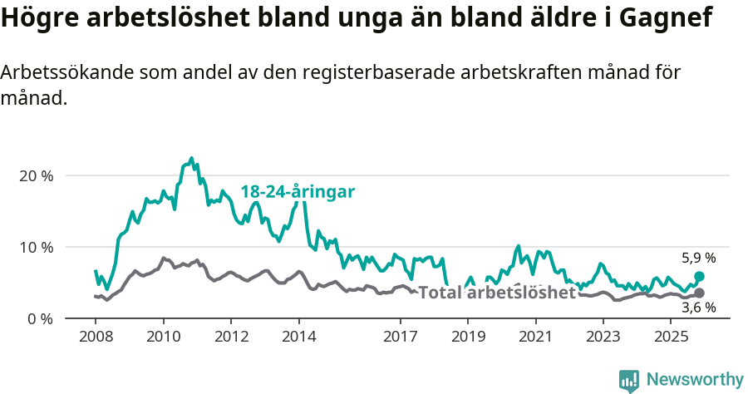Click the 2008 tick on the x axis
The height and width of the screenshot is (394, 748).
[95, 337]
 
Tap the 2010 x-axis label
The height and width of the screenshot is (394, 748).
[163, 337]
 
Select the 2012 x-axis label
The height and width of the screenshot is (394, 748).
[231, 337]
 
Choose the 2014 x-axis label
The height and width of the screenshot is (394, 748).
[298, 337]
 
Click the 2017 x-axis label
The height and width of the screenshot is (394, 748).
[400, 337]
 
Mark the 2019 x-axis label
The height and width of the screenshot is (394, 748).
[468, 337]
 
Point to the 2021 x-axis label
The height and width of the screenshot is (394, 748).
[535, 337]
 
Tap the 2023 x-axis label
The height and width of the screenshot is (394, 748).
[603, 337]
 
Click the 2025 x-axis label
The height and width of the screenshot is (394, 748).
[671, 337]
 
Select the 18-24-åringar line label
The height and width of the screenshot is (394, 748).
[298, 192]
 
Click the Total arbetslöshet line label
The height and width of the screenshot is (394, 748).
[496, 293]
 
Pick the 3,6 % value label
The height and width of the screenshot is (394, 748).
[698, 308]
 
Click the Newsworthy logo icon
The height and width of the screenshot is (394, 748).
[629, 380]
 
